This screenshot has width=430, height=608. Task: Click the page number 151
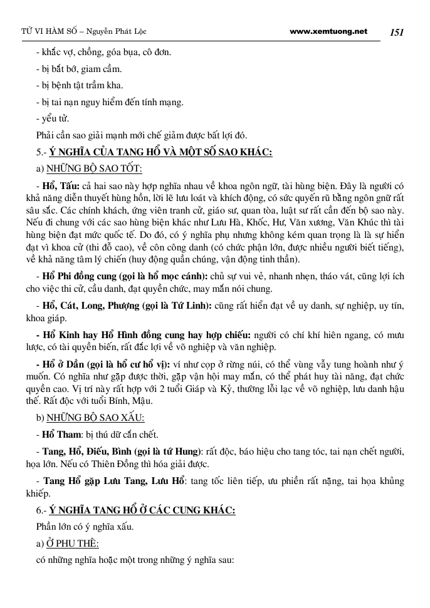click(x=398, y=31)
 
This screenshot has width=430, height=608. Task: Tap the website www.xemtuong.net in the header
click(x=329, y=31)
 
